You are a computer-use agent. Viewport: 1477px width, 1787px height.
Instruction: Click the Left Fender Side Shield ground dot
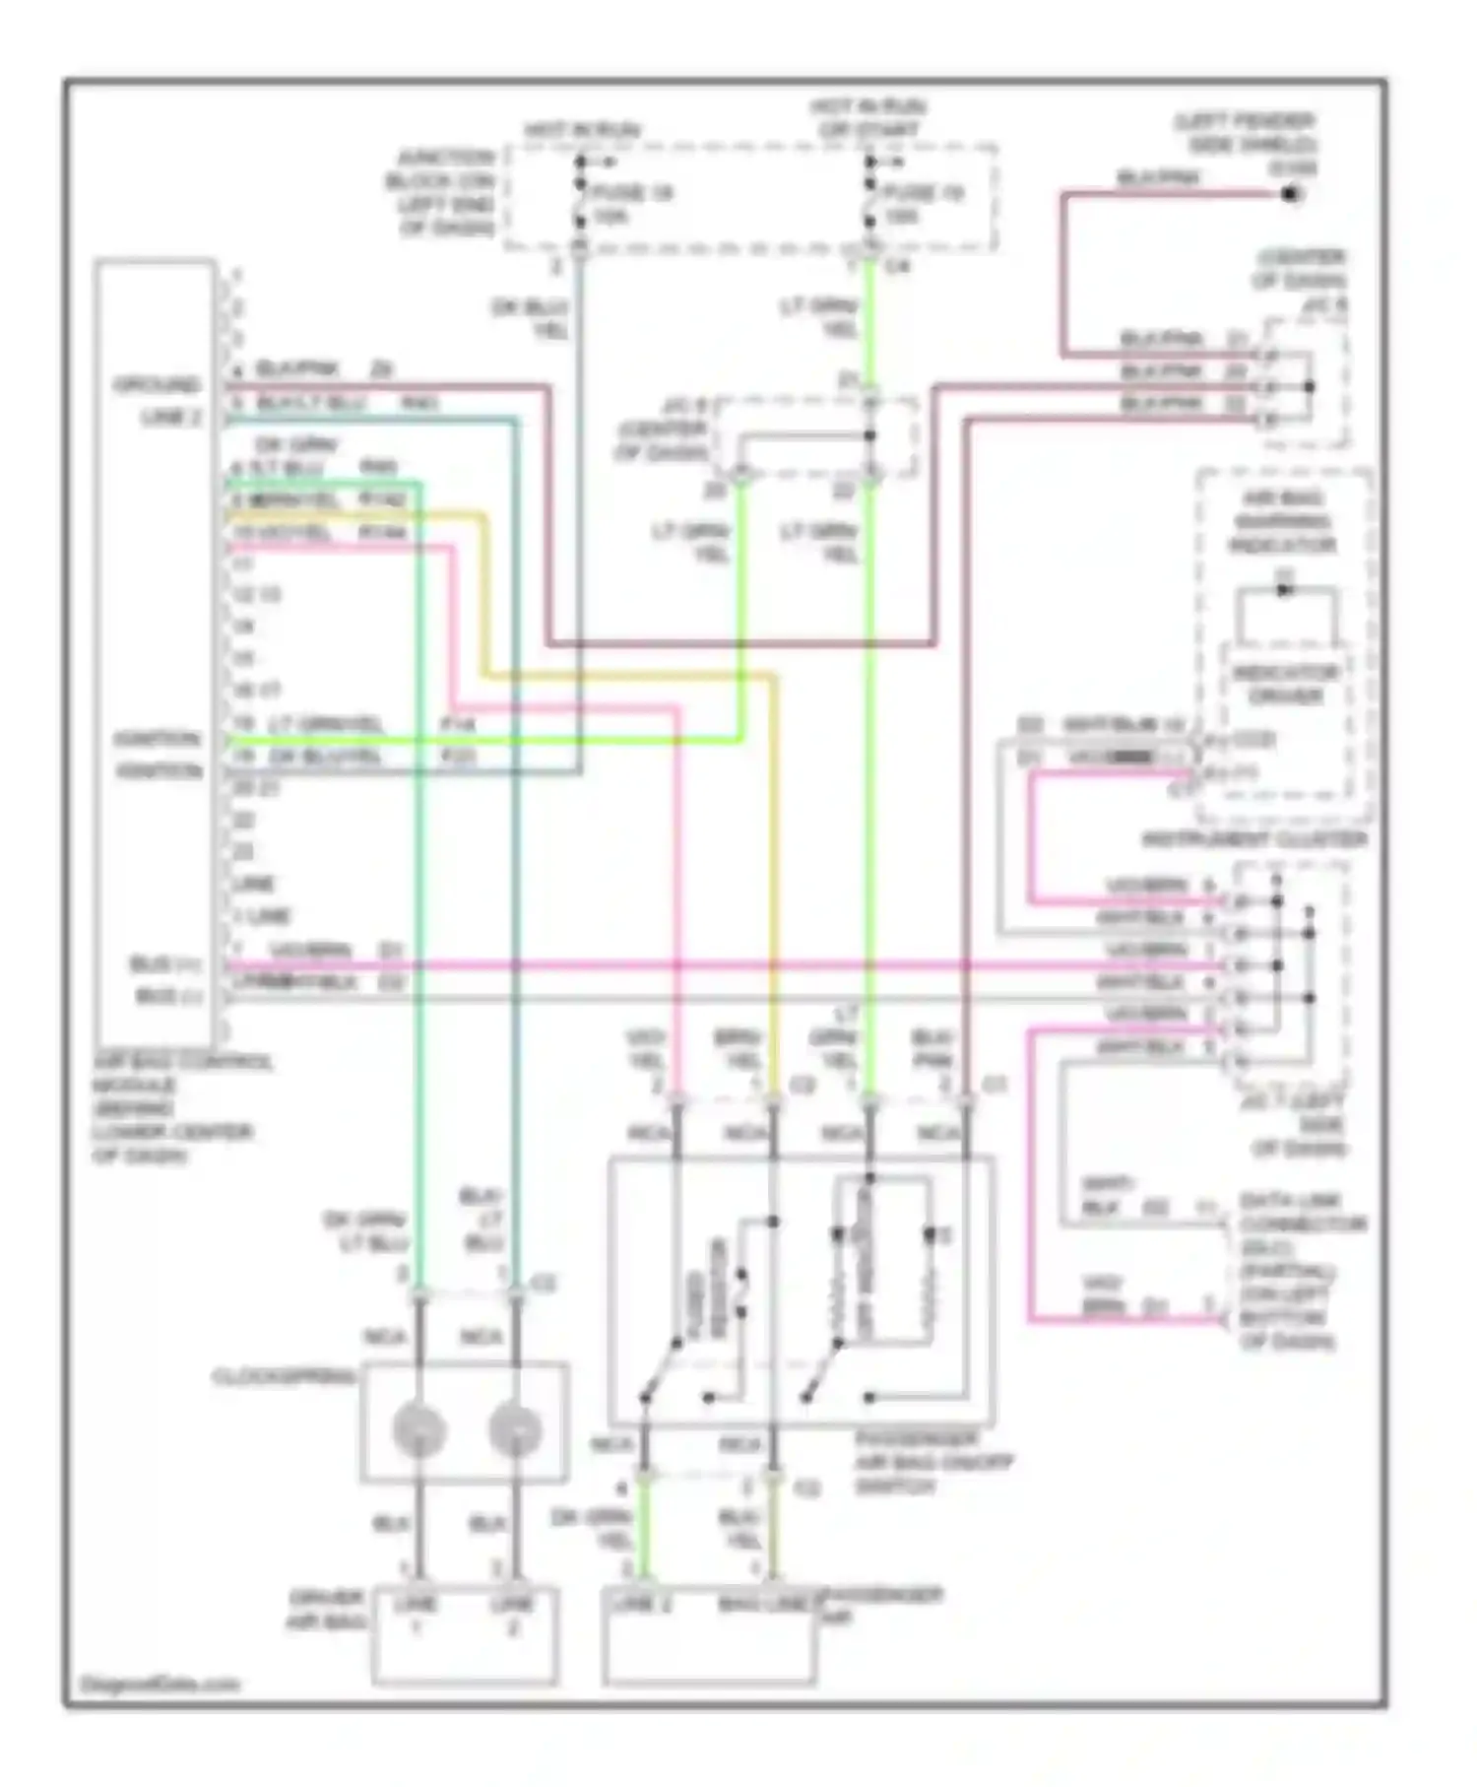[1290, 194]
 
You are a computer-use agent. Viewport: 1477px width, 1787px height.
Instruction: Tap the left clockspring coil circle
[418, 1431]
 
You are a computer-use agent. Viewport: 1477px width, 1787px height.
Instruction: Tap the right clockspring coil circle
[515, 1431]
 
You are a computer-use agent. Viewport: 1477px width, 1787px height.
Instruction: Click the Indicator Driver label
[1285, 684]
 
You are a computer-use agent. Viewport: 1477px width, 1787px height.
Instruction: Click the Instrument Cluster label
[1253, 840]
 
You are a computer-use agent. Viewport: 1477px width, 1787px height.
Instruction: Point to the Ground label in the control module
[157, 384]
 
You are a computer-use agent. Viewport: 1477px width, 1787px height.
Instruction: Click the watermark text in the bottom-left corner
[158, 1684]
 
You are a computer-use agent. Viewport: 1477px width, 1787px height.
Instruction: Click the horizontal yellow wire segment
[630, 676]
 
